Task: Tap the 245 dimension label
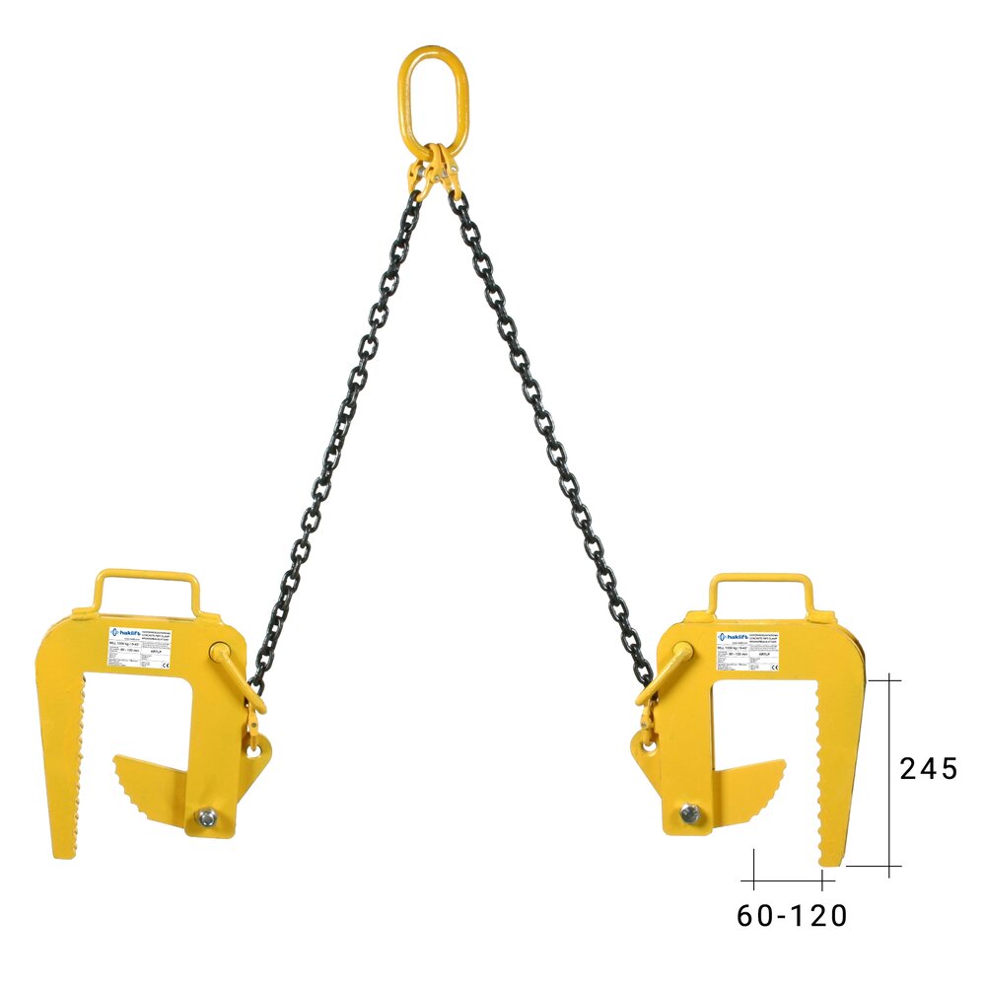928,768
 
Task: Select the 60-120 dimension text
792,916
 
